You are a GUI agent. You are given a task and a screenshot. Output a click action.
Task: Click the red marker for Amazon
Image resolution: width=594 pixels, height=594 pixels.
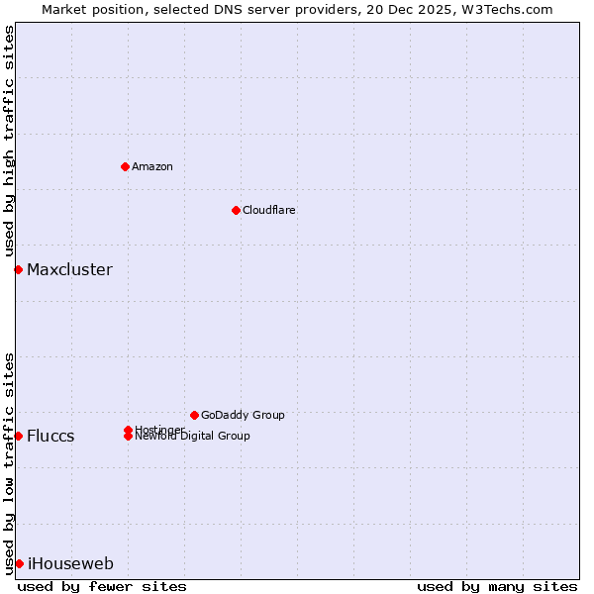coord(125,166)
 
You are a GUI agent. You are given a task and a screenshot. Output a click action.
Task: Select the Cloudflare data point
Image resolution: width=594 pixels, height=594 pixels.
coord(236,210)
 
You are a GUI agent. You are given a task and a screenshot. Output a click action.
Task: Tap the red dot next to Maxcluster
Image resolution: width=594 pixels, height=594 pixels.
coord(18,269)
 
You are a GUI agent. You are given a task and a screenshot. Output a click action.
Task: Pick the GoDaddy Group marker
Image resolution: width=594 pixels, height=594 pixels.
coord(194,415)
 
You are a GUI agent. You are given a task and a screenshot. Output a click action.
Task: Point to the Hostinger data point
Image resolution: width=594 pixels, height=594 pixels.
coord(128,430)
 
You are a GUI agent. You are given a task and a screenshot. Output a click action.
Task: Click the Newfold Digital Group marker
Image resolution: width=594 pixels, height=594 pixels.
coord(128,436)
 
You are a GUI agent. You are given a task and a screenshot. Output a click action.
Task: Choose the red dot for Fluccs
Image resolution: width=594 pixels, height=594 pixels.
coord(18,436)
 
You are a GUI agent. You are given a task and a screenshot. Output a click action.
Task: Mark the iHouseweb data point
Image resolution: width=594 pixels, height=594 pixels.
coord(19,563)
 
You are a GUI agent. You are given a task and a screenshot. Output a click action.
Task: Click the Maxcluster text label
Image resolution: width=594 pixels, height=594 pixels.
coord(69,269)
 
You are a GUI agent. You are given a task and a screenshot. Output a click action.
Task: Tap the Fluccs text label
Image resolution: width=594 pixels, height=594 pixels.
coord(50,436)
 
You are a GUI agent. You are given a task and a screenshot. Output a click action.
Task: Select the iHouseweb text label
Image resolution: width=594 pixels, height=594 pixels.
coord(70,564)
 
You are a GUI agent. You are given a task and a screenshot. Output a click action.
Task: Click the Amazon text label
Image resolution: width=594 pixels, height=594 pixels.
coord(152,166)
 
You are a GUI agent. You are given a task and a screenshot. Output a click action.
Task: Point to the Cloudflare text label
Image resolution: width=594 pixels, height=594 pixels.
coord(269,210)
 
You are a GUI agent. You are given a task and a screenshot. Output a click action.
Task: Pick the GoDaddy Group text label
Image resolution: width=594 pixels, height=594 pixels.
coord(243,415)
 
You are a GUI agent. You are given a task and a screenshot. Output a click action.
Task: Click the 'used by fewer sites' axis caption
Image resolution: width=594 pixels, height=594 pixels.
coord(102,586)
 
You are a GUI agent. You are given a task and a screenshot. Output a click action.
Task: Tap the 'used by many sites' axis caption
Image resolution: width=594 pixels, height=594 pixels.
coord(497,586)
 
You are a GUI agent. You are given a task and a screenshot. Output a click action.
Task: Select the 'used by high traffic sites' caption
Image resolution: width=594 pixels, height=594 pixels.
coord(9,141)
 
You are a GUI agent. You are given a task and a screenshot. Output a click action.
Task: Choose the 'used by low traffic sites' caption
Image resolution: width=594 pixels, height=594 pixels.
coord(9,462)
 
